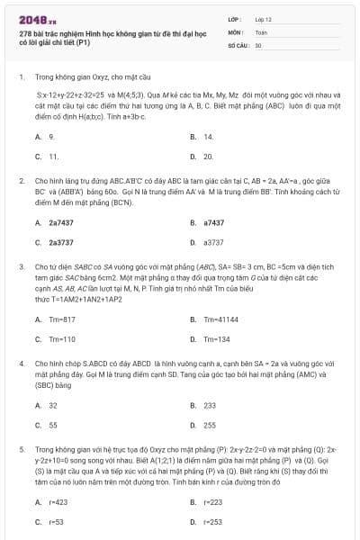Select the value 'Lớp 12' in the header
(x=263, y=18)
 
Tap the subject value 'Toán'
(x=261, y=31)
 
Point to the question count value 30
(x=258, y=44)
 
